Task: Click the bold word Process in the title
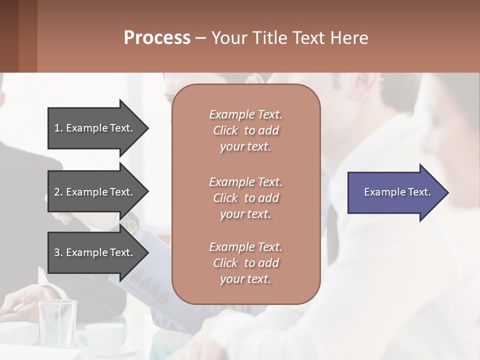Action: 157,38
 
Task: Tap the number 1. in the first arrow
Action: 58,128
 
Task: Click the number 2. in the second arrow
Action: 58,192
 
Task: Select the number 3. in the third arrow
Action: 58,252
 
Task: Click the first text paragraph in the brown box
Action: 245,130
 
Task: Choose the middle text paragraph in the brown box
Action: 245,198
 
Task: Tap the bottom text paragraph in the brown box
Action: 245,263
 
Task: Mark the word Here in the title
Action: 349,38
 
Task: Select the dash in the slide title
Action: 200,38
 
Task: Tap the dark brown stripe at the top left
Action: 9,36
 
